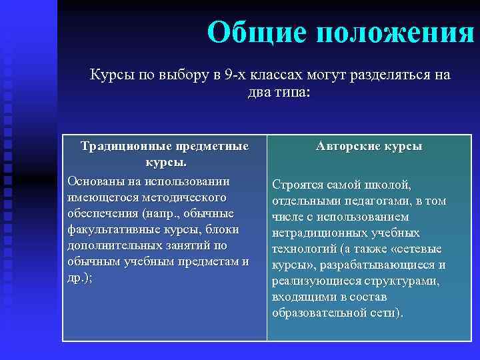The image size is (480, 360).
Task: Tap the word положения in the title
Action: pyautogui.click(x=395, y=31)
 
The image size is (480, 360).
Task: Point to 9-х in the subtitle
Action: pyautogui.click(x=235, y=75)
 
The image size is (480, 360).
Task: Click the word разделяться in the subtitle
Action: pyautogui.click(x=385, y=75)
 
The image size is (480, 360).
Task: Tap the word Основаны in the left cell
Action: pyautogui.click(x=95, y=181)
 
